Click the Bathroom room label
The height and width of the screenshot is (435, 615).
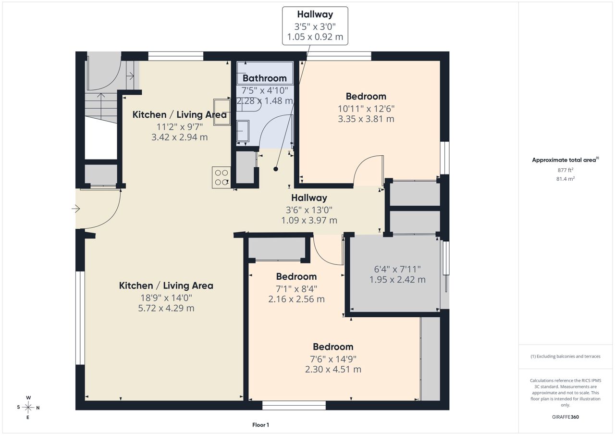(265, 78)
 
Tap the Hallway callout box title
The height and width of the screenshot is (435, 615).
(315, 14)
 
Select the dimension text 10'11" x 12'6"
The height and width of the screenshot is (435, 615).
(366, 109)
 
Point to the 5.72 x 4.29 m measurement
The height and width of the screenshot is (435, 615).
(166, 308)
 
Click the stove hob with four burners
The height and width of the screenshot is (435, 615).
(221, 177)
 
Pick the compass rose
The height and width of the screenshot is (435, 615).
(28, 407)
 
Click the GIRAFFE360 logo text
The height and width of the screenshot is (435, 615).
(566, 417)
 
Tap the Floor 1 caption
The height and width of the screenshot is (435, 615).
(260, 425)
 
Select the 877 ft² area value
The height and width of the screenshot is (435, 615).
(566, 170)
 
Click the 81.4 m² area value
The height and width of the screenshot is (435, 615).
(566, 179)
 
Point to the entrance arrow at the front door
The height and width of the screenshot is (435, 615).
(76, 209)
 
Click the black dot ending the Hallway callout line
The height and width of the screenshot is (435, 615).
(276, 169)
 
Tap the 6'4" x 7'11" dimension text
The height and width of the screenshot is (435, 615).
(397, 269)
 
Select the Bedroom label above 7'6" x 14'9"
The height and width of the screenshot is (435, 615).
(333, 347)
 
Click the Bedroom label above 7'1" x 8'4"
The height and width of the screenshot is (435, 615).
(296, 276)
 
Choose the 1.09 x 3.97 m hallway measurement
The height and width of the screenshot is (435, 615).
(309, 220)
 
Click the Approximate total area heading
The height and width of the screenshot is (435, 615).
(566, 160)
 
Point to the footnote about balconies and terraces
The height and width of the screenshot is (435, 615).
(566, 356)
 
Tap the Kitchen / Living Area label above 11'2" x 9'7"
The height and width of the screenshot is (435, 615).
(180, 114)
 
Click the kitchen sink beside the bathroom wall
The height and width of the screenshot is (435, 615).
(222, 112)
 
